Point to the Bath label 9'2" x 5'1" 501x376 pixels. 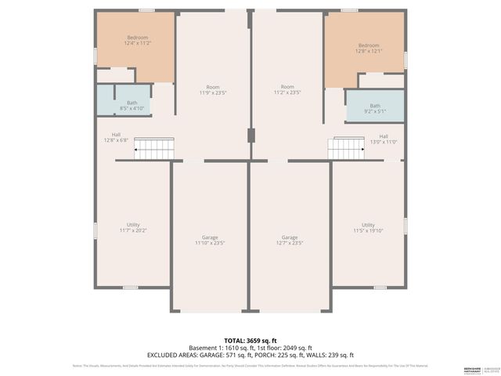[376, 108]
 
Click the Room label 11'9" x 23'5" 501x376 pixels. [212, 90]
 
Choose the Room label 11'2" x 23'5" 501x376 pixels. [288, 90]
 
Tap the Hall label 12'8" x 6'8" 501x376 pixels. [115, 137]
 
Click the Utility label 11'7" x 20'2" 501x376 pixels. [133, 228]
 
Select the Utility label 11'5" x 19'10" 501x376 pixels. [368, 228]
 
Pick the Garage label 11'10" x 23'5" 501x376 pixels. [210, 240]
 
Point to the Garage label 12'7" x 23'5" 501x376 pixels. [290, 240]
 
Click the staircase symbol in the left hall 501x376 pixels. [153, 147]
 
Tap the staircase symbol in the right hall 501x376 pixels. [347, 147]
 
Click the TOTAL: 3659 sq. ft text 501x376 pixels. [250, 340]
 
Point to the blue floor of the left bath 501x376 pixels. [106, 100]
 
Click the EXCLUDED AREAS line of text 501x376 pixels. [250, 355]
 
